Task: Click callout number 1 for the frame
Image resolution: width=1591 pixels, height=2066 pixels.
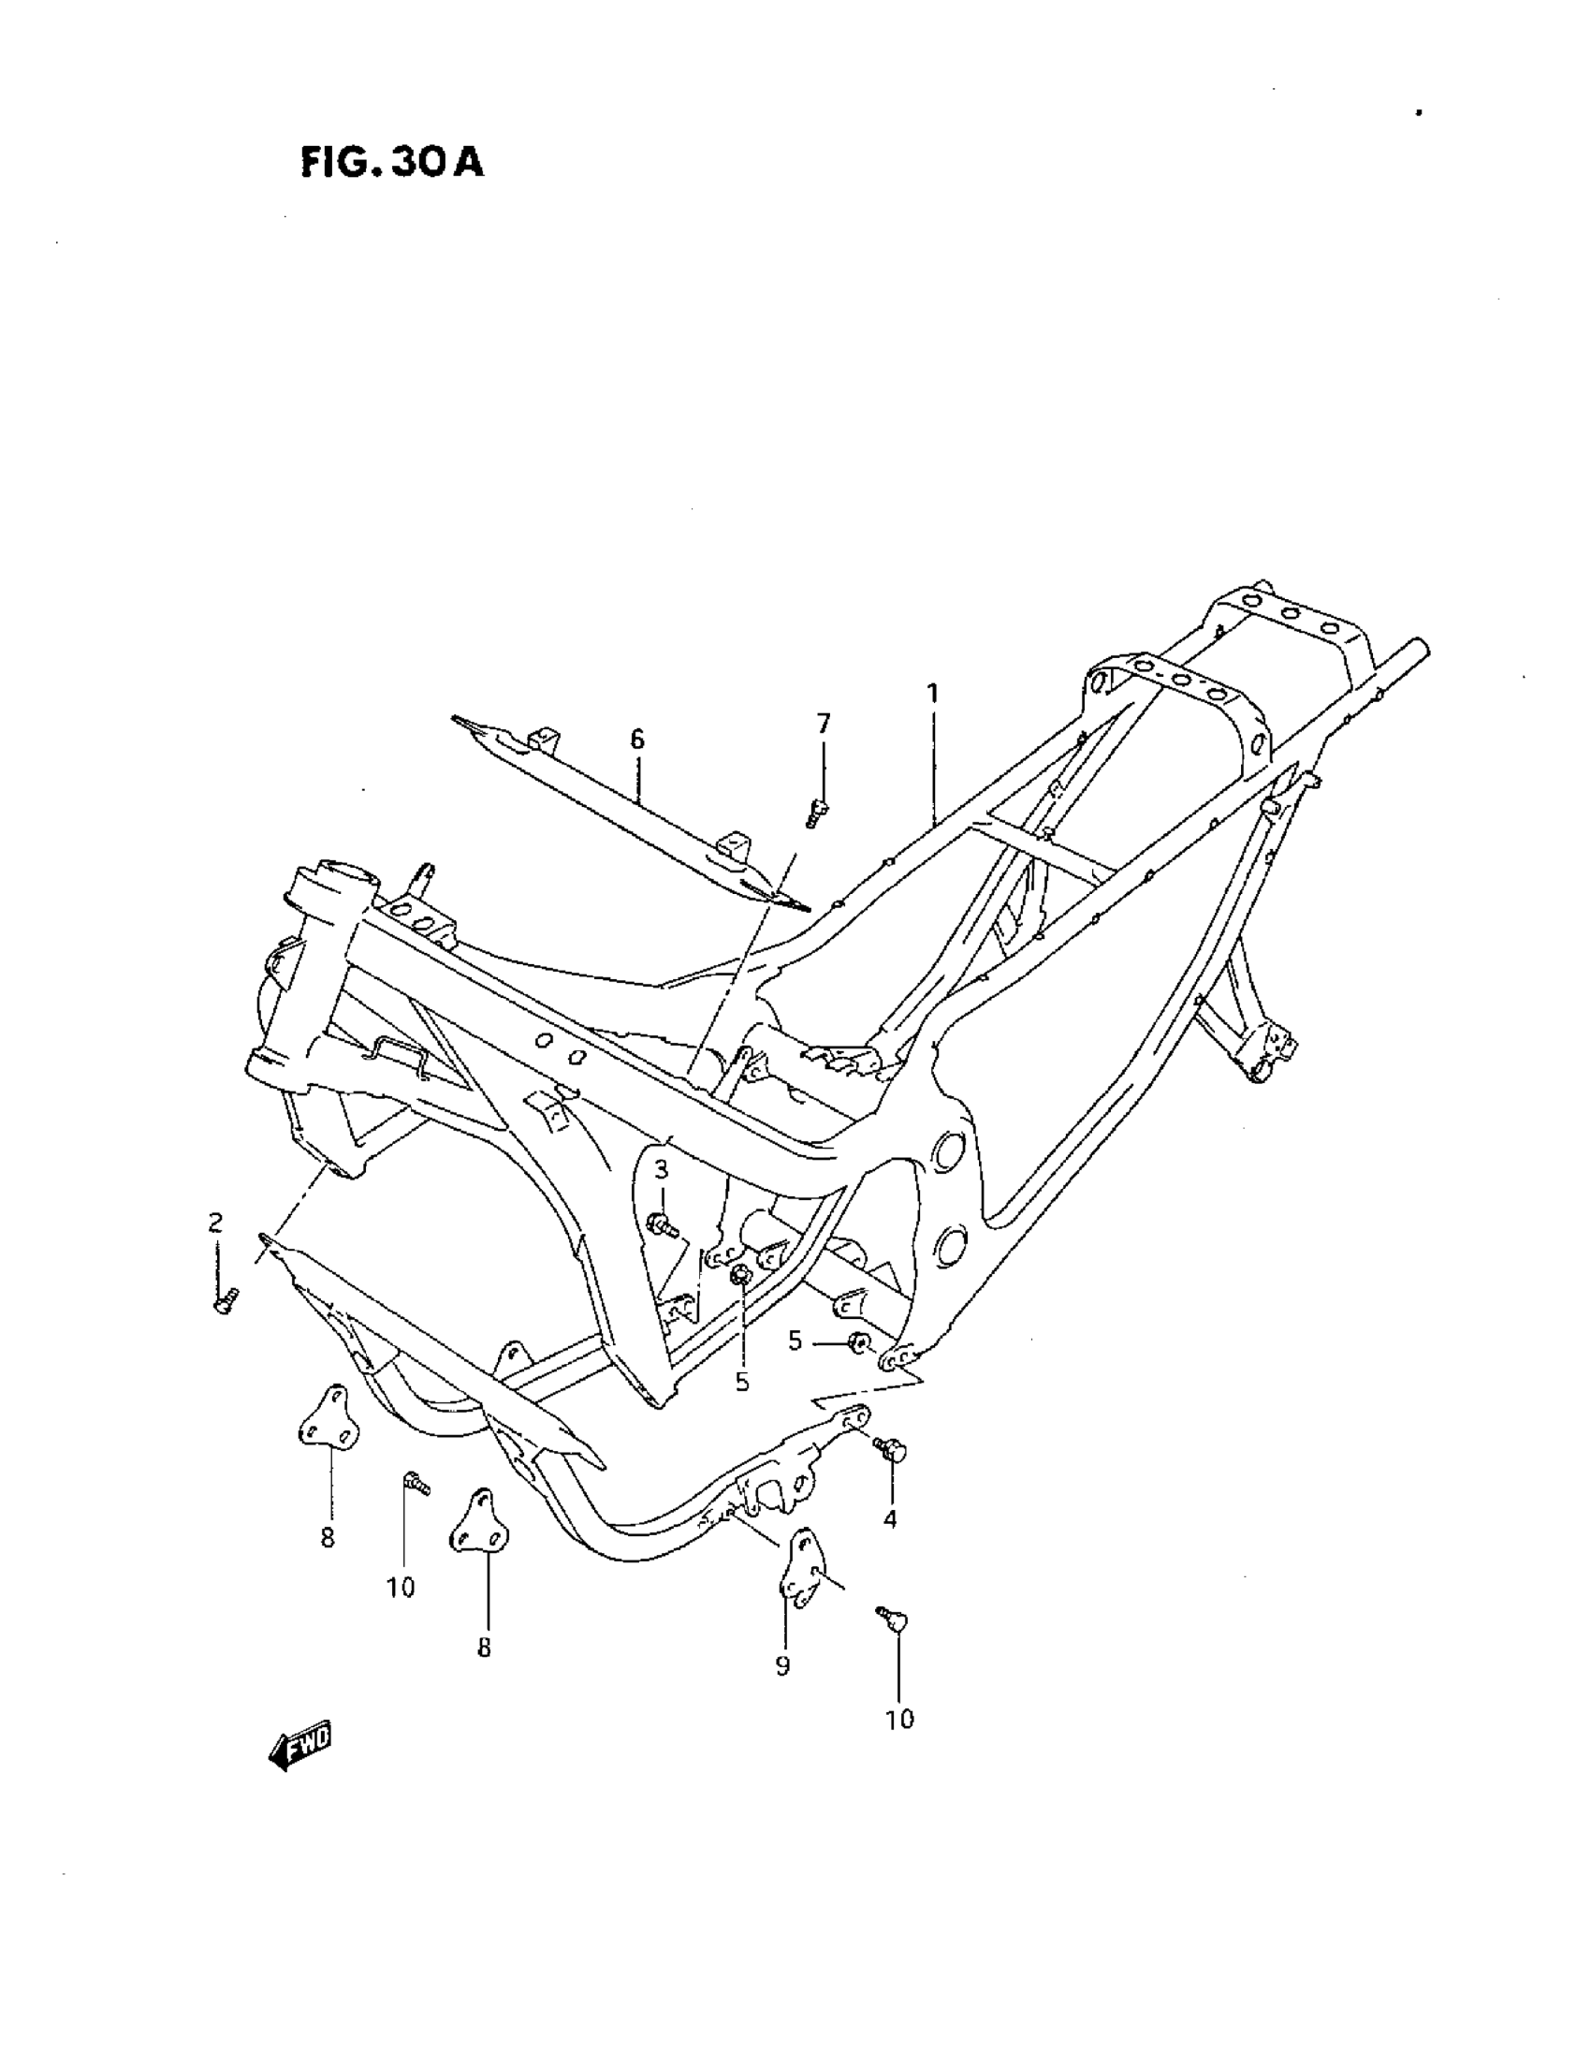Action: click(x=933, y=694)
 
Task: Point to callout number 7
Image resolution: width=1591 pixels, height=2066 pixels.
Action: click(x=823, y=724)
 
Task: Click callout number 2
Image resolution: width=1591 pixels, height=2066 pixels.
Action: click(x=215, y=1223)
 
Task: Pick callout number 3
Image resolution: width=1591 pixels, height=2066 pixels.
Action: click(x=661, y=1169)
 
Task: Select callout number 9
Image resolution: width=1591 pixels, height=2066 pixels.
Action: click(x=782, y=1666)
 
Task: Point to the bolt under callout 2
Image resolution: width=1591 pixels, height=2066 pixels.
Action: click(x=226, y=1301)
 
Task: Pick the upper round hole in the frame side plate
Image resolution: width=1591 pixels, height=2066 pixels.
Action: click(x=947, y=1150)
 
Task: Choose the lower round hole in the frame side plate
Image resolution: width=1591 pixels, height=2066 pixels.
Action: click(x=950, y=1244)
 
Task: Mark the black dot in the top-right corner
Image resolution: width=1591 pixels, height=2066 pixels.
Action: click(x=1419, y=112)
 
